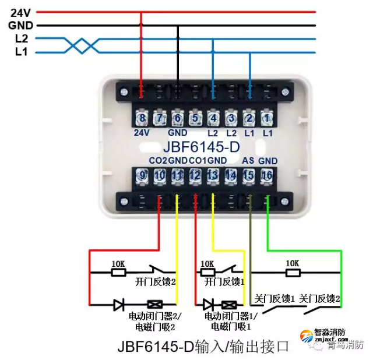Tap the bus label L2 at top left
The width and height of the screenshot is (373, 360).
(21, 38)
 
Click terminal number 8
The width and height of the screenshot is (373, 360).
(142, 119)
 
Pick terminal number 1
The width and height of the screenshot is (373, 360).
(266, 119)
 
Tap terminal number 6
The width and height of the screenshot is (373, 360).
(178, 119)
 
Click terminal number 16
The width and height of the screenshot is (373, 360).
(267, 175)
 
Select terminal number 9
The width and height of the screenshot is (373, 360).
(142, 175)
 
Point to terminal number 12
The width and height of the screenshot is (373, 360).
(195, 175)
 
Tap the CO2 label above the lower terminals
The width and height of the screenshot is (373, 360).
(157, 160)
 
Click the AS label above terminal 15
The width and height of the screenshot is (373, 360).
(248, 160)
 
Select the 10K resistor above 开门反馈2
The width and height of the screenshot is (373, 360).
(118, 271)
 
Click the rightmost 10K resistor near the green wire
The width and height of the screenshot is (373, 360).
(292, 271)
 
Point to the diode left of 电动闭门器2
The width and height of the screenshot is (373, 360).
(119, 303)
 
